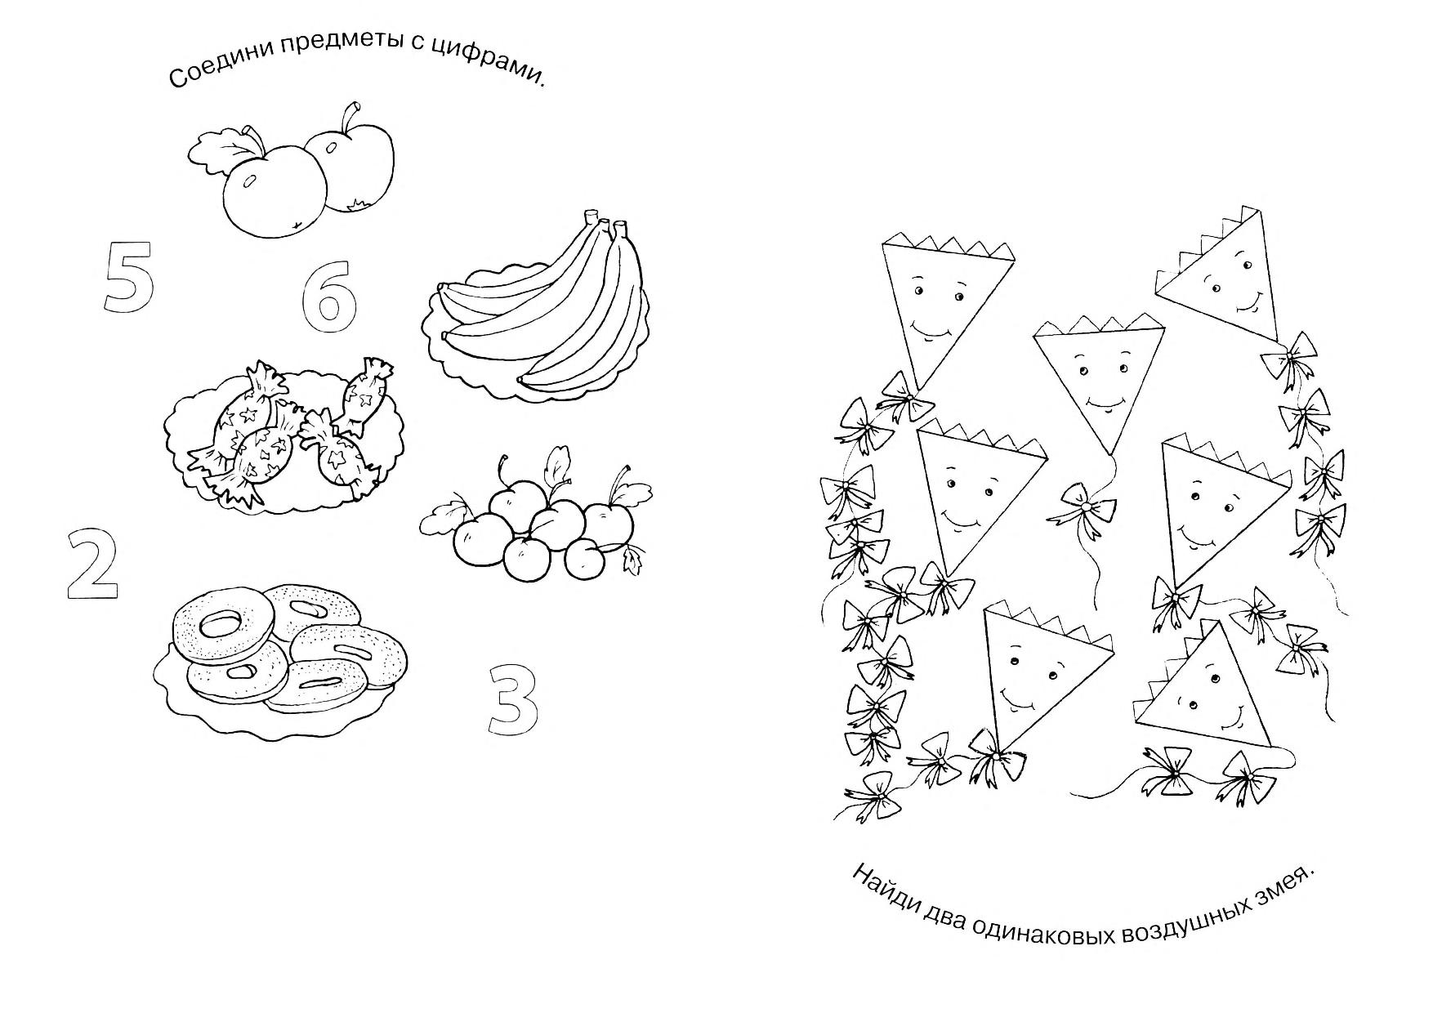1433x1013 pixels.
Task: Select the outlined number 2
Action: (92, 565)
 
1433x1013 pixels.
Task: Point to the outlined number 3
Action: (514, 700)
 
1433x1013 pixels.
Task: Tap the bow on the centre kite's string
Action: (1085, 508)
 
